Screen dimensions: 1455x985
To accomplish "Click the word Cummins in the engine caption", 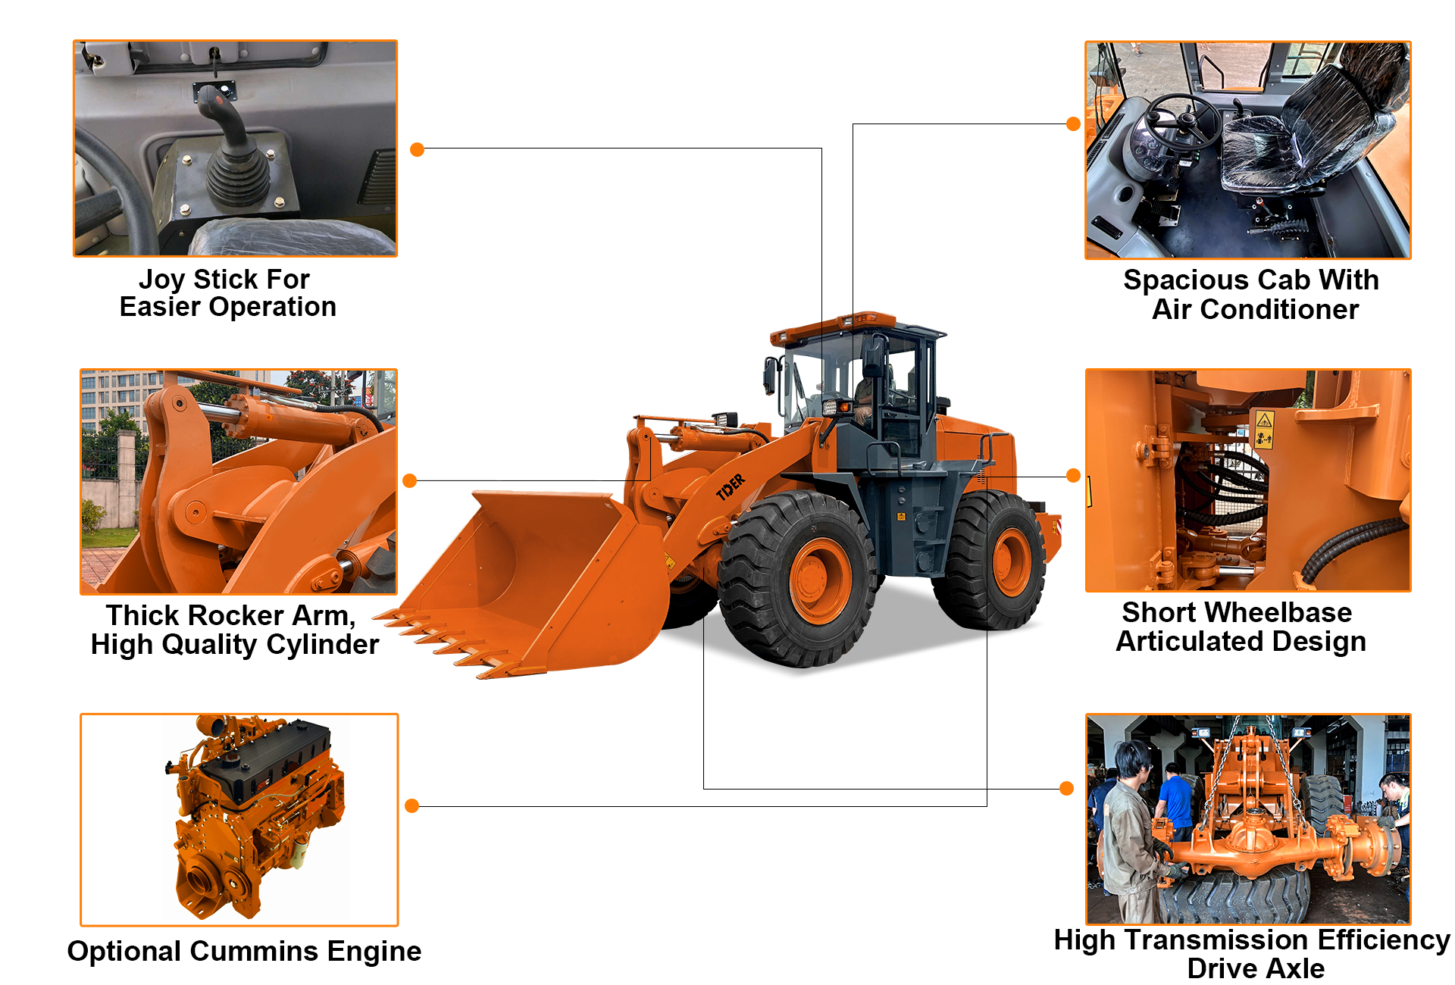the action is coord(254,951).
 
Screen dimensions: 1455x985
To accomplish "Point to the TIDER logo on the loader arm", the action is coord(731,486).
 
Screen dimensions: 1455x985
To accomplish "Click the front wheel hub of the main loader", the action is coord(819,580).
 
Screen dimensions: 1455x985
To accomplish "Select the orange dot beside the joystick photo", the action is coord(417,150).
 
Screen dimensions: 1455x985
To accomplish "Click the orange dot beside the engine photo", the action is coord(411,805).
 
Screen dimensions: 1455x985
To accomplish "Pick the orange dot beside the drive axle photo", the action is coord(1066,788).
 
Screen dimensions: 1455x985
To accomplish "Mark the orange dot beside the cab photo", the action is coord(1073,124).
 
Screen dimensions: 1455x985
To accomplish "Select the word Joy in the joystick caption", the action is coord(163,280).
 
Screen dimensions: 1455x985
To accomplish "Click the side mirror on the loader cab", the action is coord(770,375).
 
